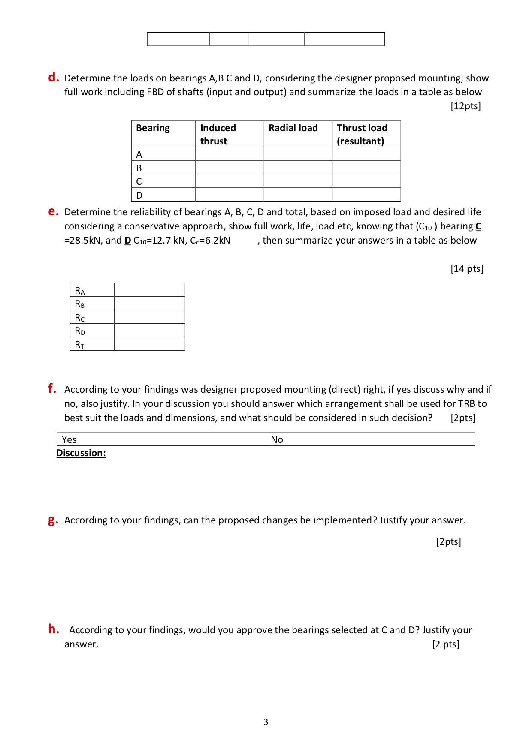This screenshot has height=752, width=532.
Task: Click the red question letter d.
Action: click(53, 78)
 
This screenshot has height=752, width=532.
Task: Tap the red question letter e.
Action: click(53, 211)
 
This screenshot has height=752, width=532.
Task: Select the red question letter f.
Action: click(52, 388)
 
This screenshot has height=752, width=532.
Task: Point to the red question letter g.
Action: click(53, 520)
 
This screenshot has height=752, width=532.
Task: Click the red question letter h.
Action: click(54, 629)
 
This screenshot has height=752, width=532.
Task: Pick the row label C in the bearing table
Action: click(139, 181)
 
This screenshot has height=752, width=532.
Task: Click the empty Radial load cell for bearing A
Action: click(298, 154)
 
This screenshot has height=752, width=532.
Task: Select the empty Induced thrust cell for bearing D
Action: click(229, 195)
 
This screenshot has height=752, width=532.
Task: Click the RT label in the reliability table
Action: click(80, 344)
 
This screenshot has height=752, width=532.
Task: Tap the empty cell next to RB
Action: click(149, 304)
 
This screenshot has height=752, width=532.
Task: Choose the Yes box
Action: click(161, 439)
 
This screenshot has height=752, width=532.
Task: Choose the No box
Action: click(370, 439)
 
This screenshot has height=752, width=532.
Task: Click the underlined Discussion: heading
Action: click(81, 453)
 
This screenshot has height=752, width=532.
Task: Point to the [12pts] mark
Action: click(465, 106)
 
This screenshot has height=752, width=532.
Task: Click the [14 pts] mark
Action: click(467, 268)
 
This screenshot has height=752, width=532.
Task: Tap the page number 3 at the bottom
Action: click(266, 722)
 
